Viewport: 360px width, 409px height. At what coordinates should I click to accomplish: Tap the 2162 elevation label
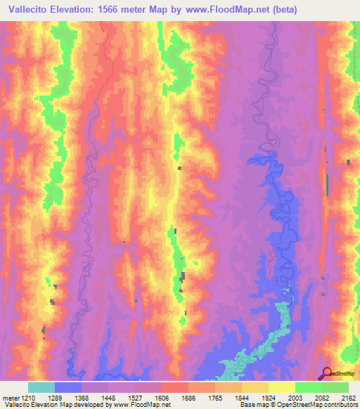coord(349,397)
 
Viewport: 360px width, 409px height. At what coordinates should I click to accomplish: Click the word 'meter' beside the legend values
coord(10,397)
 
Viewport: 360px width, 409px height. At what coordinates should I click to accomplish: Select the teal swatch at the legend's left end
coord(41,387)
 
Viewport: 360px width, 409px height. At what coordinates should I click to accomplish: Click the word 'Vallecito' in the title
coord(31,10)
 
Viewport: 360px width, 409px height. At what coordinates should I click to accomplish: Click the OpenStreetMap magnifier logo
coord(327,372)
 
